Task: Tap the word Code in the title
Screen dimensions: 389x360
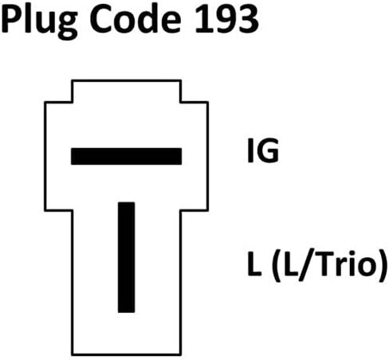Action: coord(136,19)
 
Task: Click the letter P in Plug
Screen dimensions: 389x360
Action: coord(11,19)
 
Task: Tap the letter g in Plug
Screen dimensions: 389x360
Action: coord(68,26)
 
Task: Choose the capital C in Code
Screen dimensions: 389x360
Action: coord(101,19)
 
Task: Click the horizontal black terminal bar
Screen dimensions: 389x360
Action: coord(126,156)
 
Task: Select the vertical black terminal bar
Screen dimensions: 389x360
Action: coord(126,257)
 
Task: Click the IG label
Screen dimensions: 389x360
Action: coord(263,151)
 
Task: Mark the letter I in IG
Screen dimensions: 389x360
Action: coord(250,151)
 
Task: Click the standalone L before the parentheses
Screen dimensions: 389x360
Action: coord(254,264)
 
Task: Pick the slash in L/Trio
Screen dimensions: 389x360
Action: coord(306,264)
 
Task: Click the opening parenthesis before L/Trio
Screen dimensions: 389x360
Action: coord(277,265)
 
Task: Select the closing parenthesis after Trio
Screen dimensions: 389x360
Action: coord(382,265)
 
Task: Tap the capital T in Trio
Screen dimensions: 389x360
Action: coord(324,264)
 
